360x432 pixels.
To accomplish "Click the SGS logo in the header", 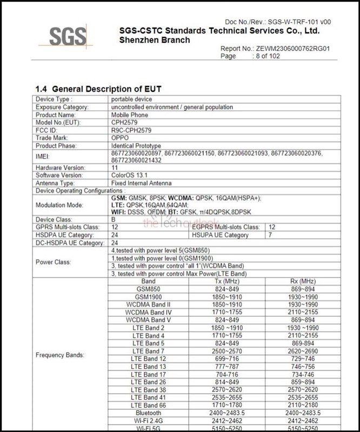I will pos(68,37).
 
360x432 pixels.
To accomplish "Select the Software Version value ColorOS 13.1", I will pos(131,175).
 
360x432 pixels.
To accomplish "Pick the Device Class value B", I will pos(114,220).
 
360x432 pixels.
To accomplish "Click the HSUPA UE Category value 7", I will pos(271,235).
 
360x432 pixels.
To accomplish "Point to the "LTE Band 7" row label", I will pos(148,351).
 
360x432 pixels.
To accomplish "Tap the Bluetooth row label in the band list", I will pos(148,413).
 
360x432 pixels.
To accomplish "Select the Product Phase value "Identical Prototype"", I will pos(136,146).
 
